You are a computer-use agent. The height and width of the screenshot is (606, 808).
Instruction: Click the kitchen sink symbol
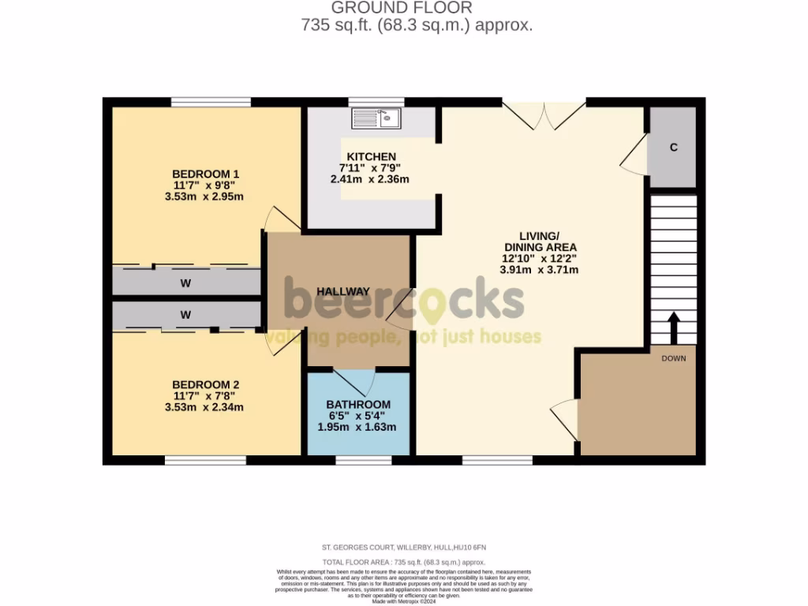coord(376,119)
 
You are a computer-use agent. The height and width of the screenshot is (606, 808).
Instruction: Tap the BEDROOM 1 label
coord(206,174)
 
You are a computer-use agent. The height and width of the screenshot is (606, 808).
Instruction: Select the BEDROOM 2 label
coord(206,385)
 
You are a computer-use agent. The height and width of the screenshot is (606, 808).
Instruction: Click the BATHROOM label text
coord(358,405)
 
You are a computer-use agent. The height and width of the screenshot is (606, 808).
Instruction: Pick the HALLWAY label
coord(343,291)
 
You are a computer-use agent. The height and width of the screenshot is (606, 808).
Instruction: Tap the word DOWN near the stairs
coord(674,358)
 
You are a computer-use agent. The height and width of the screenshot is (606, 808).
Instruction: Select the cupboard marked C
coord(673,148)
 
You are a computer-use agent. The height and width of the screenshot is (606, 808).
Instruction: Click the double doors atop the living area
coord(544,115)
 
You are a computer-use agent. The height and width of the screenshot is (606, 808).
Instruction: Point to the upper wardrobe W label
coord(185,282)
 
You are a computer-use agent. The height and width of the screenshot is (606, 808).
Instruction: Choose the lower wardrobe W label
coord(185,315)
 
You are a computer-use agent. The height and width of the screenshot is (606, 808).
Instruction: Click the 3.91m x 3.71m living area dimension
coord(540,269)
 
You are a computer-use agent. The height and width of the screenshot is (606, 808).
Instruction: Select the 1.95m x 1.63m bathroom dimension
coord(357,427)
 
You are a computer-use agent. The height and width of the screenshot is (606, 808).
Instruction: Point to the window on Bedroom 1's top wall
coord(211,102)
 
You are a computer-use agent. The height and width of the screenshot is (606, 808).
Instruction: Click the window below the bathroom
coord(363,460)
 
